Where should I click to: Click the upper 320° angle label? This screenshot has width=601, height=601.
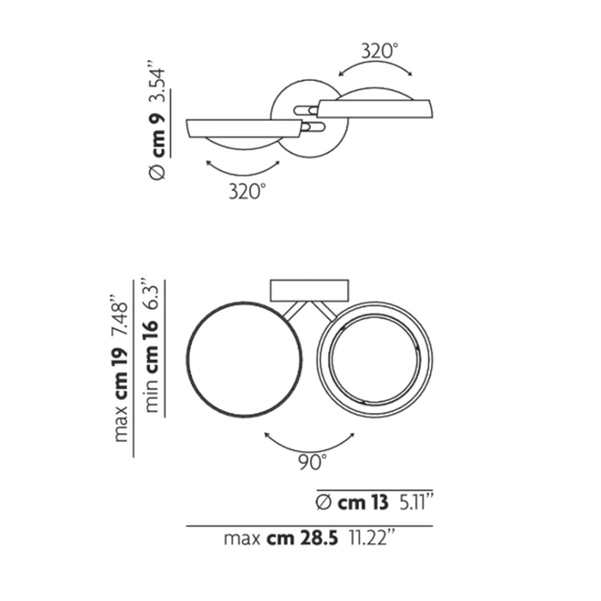click(380, 51)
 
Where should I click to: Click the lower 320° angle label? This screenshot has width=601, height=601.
click(247, 191)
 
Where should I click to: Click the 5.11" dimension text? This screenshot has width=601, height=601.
click(416, 502)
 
